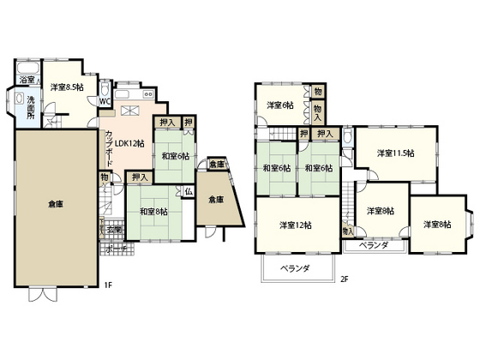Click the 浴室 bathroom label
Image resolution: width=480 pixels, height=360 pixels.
tap(26, 80)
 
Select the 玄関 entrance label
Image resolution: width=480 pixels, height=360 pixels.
tap(114, 229)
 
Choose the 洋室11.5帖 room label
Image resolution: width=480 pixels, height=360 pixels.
tap(395, 153)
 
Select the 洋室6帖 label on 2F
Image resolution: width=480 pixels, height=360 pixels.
tap(279, 105)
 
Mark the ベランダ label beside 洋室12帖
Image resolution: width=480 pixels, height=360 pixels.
tap(294, 267)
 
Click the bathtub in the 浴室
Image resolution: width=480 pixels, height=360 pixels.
tap(26, 67)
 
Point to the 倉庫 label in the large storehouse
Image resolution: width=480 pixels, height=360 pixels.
tap(56, 204)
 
